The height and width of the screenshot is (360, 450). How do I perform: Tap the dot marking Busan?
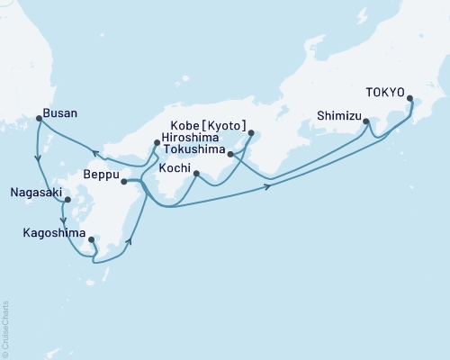click(x=38, y=118)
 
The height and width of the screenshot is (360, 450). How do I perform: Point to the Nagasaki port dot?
click(x=67, y=201)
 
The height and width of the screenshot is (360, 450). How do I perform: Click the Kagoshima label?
click(x=53, y=232)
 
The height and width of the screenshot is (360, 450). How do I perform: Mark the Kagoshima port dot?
click(x=92, y=239)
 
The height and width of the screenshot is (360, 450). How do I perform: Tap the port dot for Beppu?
click(x=124, y=181)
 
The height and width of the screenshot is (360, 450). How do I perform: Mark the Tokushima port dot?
click(x=232, y=154)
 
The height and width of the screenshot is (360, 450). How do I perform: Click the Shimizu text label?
click(x=337, y=115)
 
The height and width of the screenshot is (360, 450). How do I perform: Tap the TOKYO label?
click(x=385, y=91)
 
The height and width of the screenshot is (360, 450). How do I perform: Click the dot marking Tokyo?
click(x=410, y=99)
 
